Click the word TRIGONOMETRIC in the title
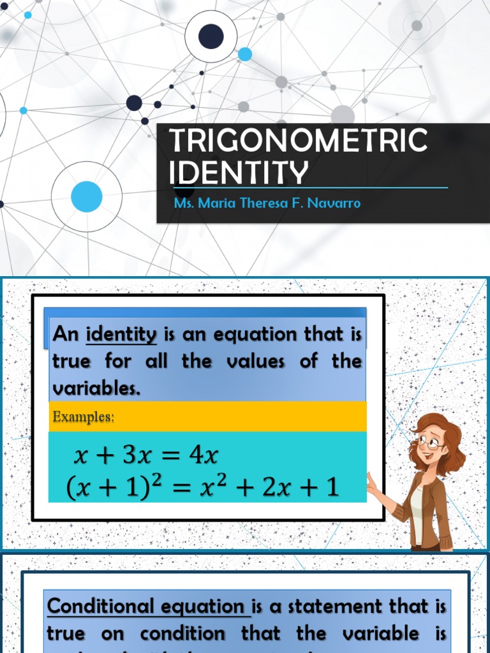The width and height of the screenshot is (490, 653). coord(299,140)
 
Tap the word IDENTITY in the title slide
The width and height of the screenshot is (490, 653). coord(239,173)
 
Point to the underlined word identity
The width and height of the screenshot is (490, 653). coord(121,334)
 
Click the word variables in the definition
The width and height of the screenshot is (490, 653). coord(96,388)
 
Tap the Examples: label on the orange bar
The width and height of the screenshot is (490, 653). coord(83,417)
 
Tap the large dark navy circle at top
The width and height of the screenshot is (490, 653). coord(211,36)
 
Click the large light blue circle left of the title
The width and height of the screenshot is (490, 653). coord(87,196)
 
